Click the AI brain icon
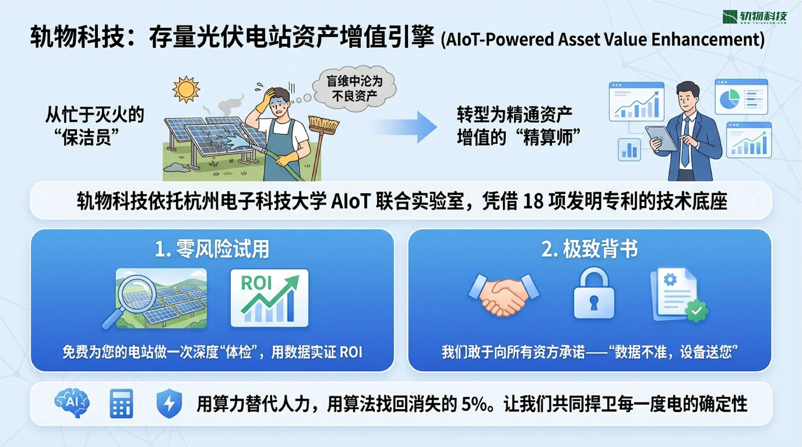tap(72, 403)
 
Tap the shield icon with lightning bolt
tap(169, 403)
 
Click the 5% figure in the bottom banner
tap(475, 404)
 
